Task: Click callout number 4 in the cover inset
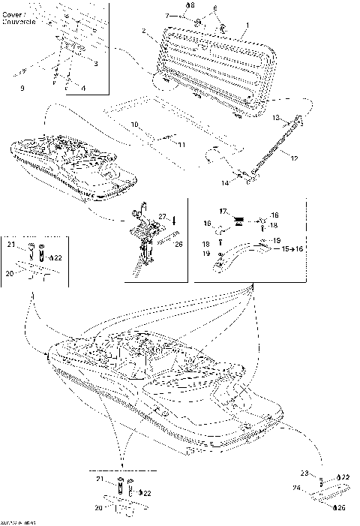tap(83, 88)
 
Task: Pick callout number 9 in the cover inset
tap(21, 88)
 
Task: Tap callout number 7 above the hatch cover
tap(166, 15)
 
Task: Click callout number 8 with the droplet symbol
tap(190, 6)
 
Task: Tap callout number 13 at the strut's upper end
tap(276, 118)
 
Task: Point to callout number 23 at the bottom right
tap(304, 473)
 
